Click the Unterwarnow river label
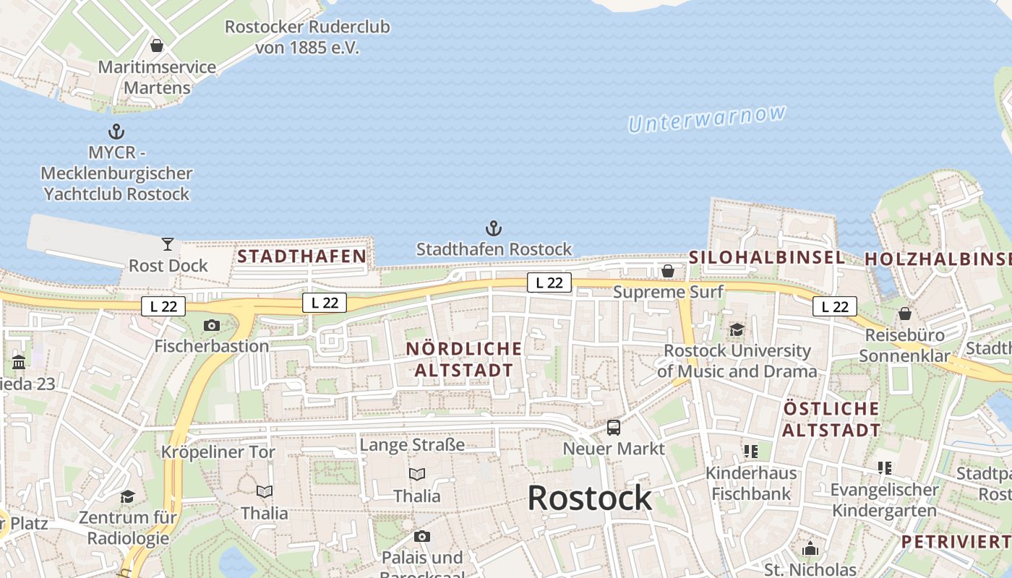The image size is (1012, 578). (706, 119)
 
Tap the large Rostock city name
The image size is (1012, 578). (589, 498)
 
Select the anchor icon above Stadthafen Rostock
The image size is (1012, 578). (494, 229)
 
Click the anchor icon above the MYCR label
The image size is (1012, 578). (116, 131)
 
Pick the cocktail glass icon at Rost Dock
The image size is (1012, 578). (168, 244)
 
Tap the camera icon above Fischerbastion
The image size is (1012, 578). (212, 325)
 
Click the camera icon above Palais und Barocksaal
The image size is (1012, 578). (422, 536)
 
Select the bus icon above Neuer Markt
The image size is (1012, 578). (614, 427)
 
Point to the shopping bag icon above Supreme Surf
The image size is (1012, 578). (668, 271)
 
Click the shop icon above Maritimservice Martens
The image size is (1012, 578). (157, 46)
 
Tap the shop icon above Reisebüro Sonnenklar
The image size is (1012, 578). (904, 314)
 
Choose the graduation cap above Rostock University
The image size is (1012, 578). (737, 329)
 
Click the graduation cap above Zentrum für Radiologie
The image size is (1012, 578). (128, 496)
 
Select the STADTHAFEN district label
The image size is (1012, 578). (302, 256)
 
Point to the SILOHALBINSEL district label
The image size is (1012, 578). (767, 257)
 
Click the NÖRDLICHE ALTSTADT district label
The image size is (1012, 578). (463, 359)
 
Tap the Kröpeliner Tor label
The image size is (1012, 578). (218, 452)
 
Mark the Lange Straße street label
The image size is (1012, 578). (412, 444)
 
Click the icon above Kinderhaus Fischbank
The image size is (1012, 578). (751, 452)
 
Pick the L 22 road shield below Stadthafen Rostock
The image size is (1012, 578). (549, 282)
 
